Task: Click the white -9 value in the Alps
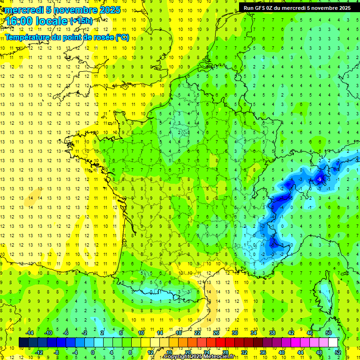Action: click(x=319, y=180)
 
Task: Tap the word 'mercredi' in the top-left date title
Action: click(x=24, y=10)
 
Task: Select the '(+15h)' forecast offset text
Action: click(x=81, y=21)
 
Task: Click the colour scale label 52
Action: click(x=338, y=352)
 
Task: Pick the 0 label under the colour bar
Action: click(x=93, y=352)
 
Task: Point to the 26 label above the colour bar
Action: click(x=216, y=333)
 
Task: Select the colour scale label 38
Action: click(x=272, y=333)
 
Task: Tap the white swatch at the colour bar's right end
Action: click(x=333, y=342)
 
